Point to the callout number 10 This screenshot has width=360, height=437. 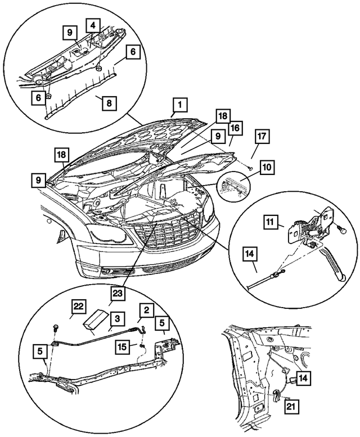[267, 168]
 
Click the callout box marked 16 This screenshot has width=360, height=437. [234, 128]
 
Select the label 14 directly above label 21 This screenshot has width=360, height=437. [303, 379]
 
